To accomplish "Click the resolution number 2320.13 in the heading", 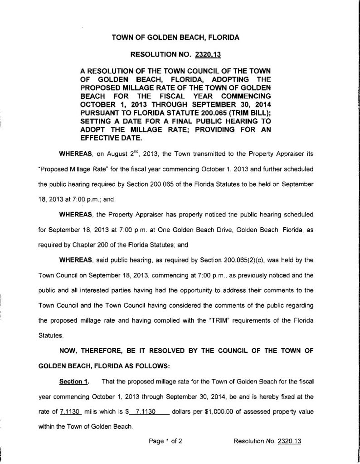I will [x=207, y=55].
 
